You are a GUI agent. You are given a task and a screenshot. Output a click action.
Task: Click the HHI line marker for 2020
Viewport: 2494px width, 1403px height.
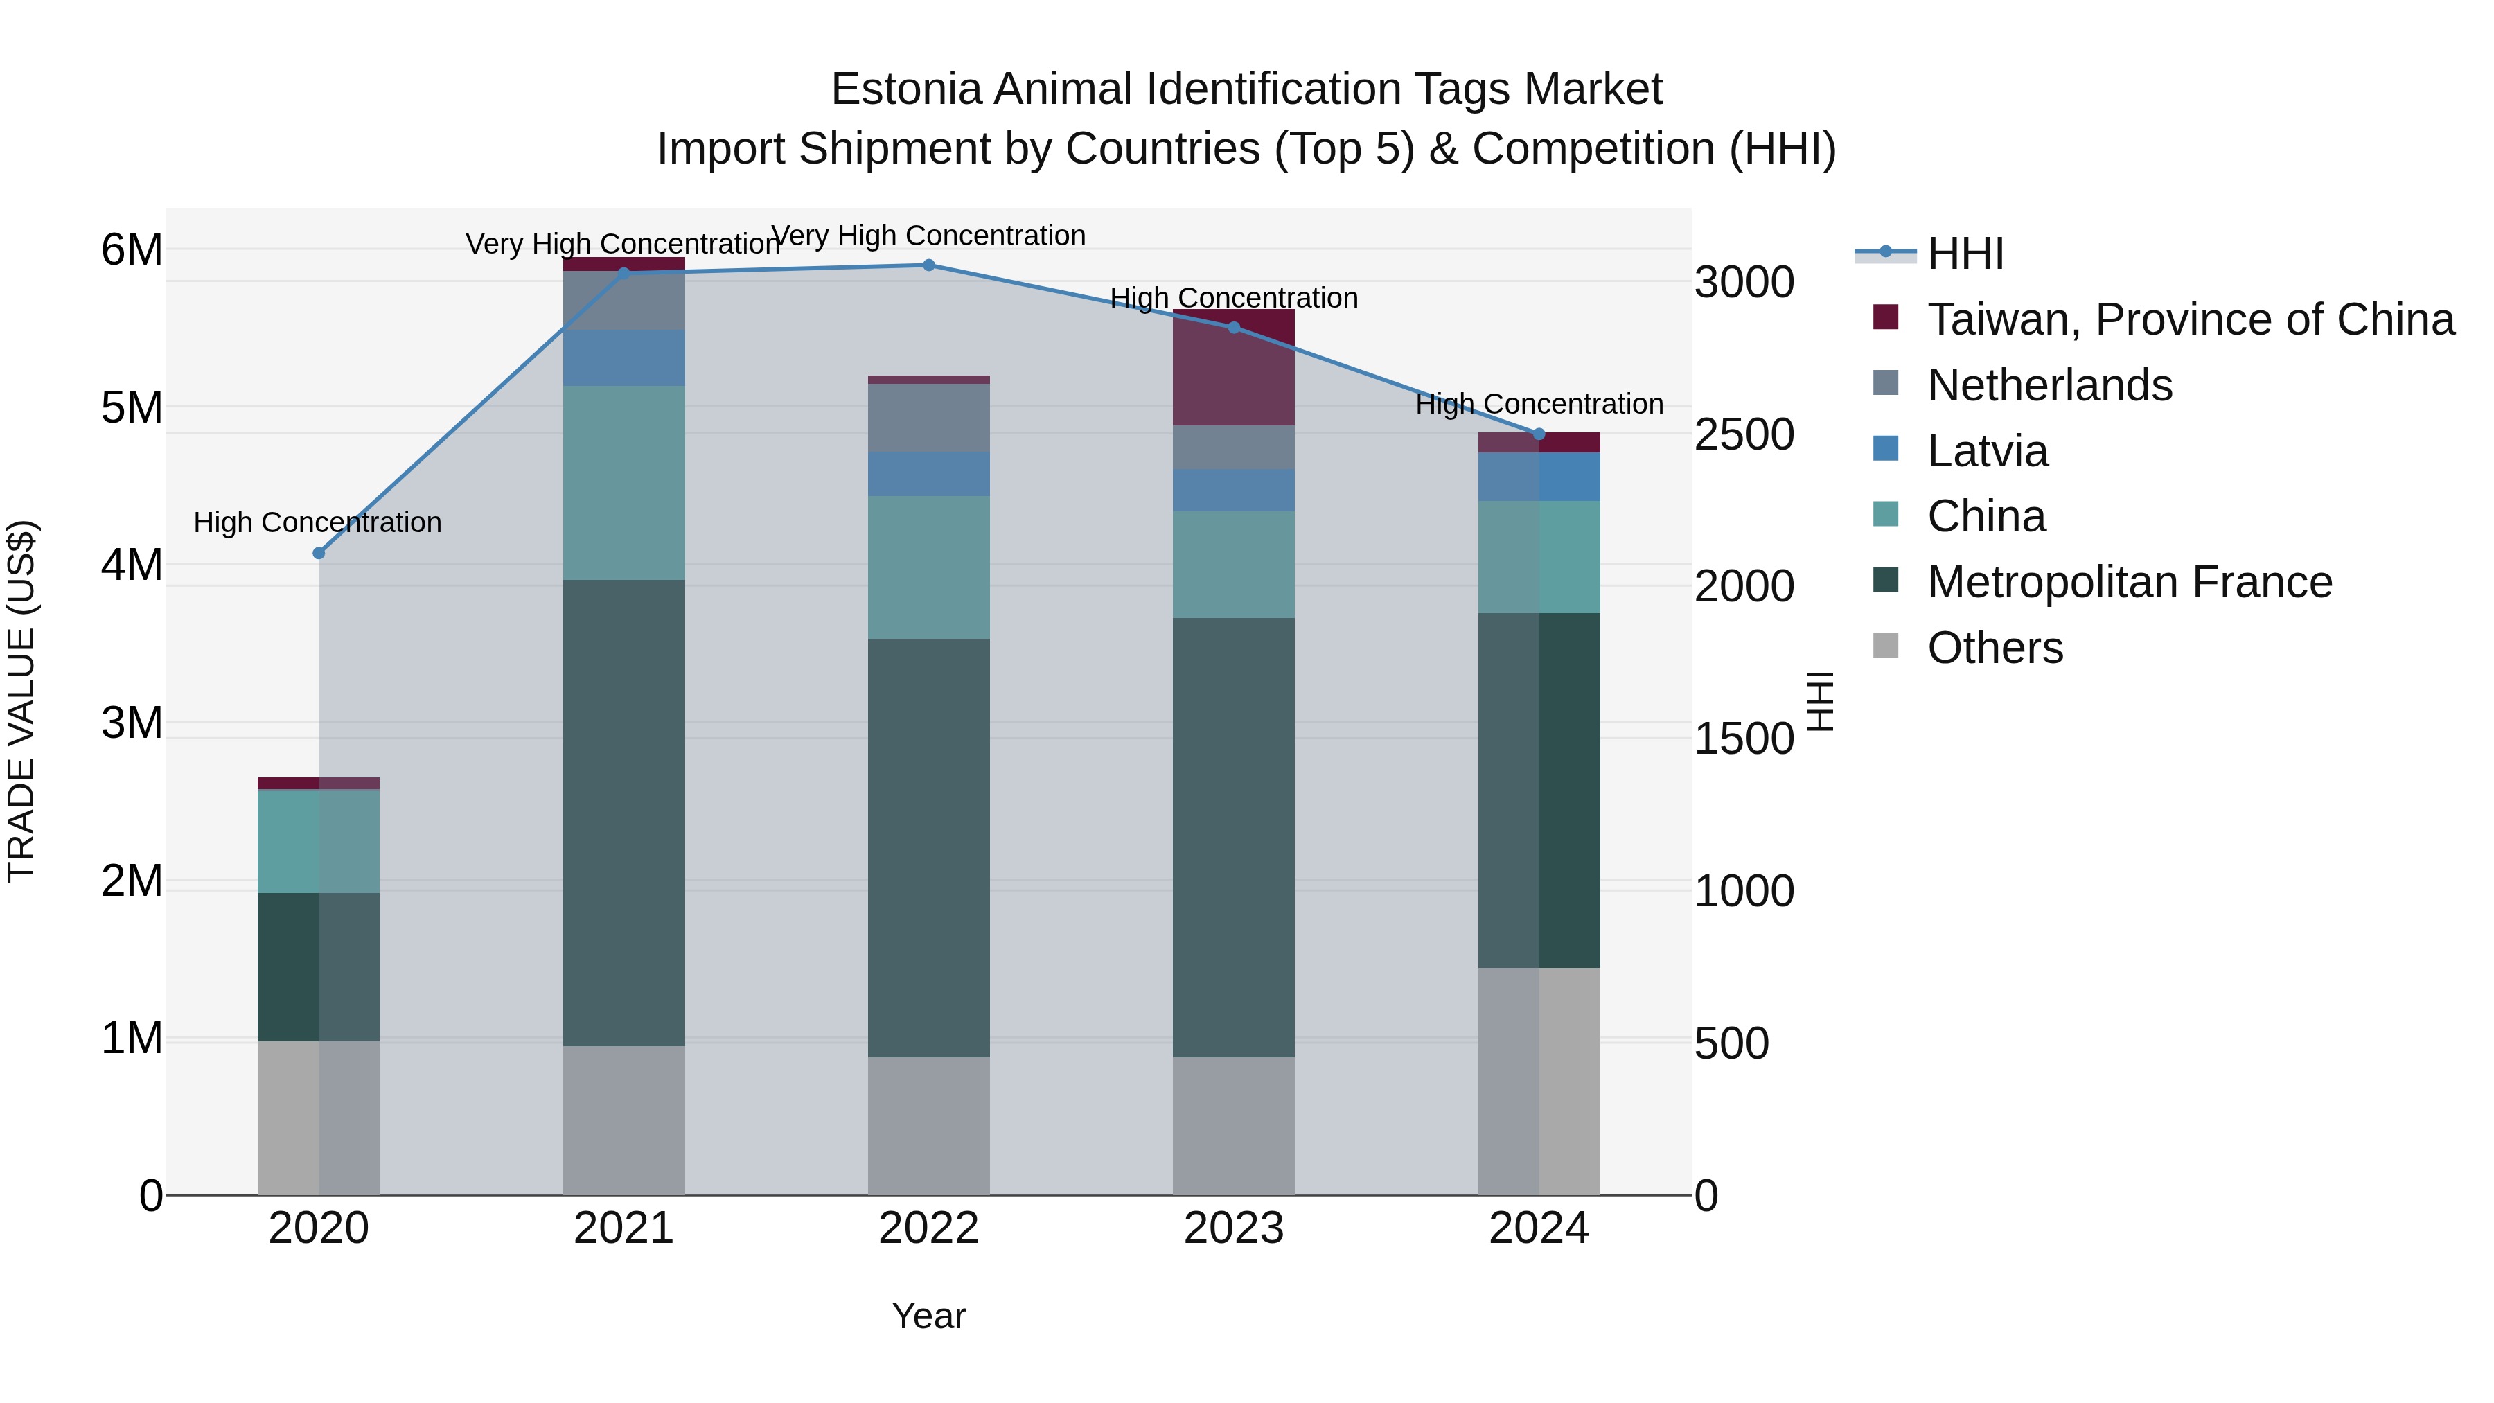[x=319, y=553]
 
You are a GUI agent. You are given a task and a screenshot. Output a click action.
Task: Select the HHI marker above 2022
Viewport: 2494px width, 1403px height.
[x=928, y=265]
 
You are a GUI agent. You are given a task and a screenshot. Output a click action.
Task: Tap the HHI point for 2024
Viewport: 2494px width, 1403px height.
[x=1539, y=434]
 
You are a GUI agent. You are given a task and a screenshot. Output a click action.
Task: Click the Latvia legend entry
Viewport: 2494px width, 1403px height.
[x=1987, y=451]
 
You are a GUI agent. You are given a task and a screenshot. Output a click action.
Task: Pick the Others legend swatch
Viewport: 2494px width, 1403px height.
[x=1886, y=646]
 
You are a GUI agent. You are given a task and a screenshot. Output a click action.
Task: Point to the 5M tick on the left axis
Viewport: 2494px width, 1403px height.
[x=132, y=407]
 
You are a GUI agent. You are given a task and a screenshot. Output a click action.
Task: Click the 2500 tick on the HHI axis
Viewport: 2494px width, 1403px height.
[x=1744, y=434]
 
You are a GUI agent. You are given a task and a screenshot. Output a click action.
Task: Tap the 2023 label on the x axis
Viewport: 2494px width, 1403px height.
[x=1233, y=1228]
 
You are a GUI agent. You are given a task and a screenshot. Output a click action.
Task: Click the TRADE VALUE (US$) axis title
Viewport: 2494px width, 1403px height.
[x=22, y=701]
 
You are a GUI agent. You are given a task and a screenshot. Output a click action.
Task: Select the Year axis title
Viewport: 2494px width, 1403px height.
[x=928, y=1316]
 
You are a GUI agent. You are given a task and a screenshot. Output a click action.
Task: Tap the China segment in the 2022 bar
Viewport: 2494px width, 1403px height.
[x=928, y=567]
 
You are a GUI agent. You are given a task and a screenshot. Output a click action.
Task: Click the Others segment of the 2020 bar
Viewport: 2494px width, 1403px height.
[x=319, y=1118]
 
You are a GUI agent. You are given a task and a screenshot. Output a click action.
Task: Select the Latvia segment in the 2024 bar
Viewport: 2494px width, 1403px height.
[x=1539, y=477]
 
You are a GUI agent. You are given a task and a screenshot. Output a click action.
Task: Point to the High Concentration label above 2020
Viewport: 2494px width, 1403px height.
[x=317, y=523]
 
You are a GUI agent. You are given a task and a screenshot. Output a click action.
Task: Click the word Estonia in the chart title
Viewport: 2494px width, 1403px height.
[x=906, y=90]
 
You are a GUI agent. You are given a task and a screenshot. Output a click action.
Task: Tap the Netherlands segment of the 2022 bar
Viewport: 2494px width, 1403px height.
[x=928, y=417]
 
